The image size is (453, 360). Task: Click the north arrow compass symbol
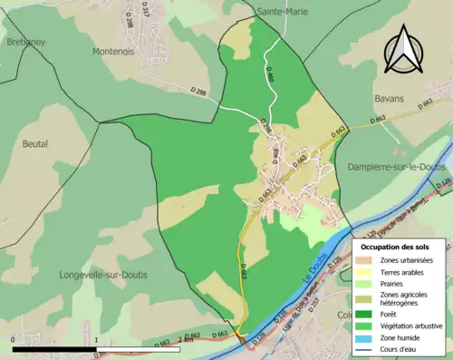tap(402, 49)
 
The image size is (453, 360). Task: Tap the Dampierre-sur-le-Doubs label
tap(391, 167)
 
